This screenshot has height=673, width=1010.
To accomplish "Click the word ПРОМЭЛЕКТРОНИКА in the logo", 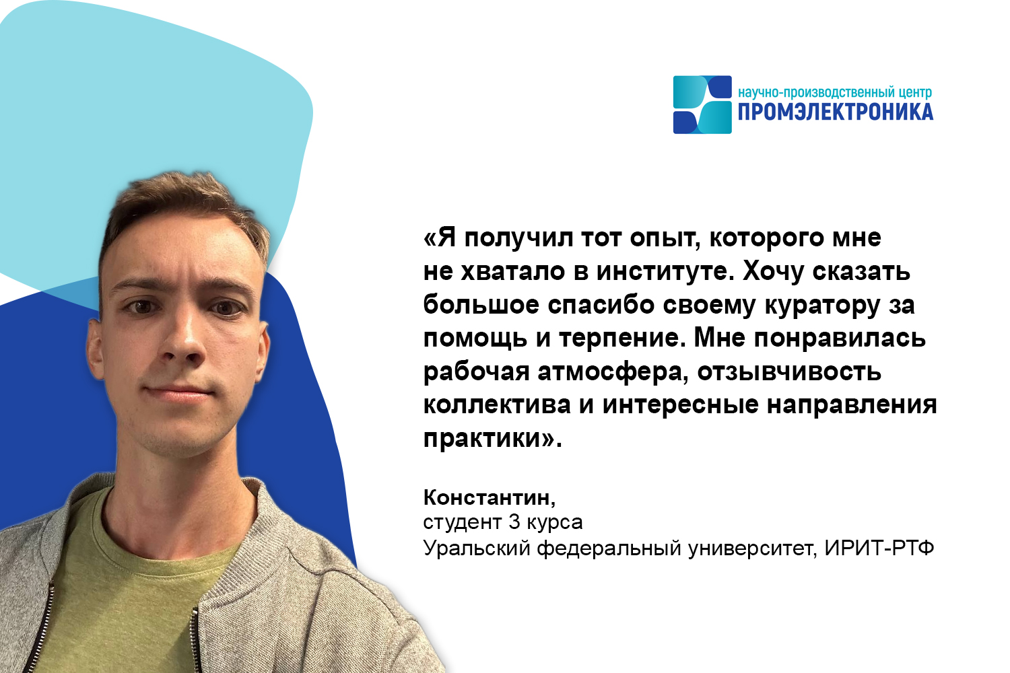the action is (836, 112).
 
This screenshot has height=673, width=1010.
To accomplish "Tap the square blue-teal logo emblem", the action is (702, 104).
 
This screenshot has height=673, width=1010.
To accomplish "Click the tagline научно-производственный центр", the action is (835, 93).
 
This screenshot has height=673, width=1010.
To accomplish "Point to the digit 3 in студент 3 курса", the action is (514, 522).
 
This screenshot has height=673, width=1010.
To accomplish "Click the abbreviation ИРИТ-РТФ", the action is (879, 548).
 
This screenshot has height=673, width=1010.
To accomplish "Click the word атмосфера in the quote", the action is (613, 373).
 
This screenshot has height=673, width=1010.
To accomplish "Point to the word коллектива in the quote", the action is (498, 405).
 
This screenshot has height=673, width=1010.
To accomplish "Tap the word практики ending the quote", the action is (483, 439).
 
